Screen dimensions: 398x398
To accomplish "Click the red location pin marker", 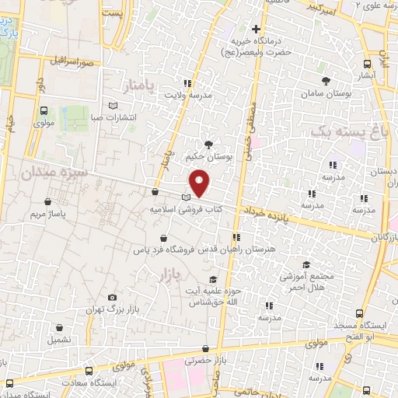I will coord(200,182).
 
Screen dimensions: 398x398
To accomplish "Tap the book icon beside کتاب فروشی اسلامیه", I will coord(185,197).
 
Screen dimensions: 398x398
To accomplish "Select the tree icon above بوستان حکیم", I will coord(208,145).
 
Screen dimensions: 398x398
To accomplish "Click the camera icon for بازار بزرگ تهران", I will coord(113,298).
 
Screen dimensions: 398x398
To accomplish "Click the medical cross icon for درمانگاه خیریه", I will coord(256,29).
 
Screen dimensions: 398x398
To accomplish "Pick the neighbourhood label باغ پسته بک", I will coord(347,133).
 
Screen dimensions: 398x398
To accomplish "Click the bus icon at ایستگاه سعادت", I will coord(10,382).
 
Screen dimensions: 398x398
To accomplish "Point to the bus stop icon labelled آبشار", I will coord(368,65).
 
